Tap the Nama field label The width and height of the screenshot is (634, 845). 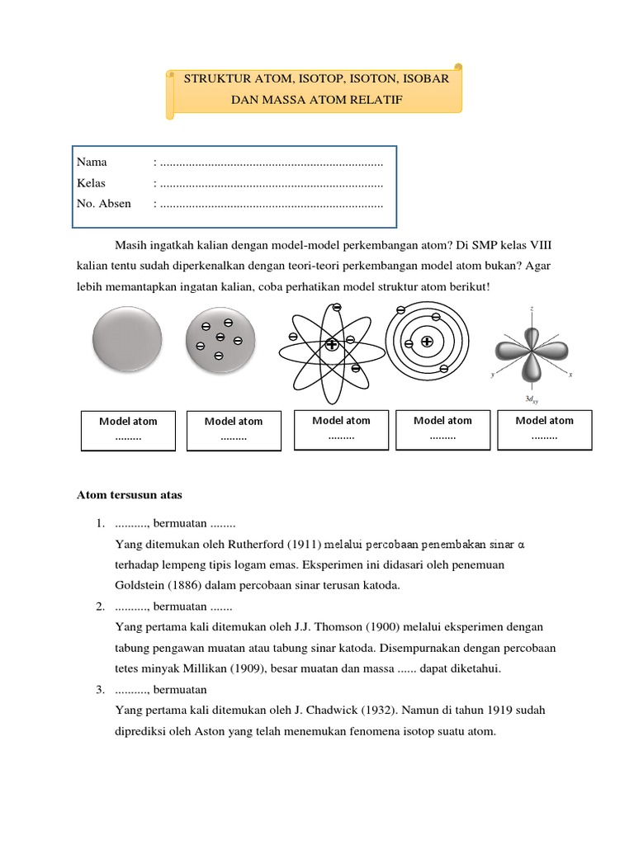click(x=92, y=162)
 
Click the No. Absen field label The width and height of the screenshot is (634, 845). click(x=103, y=203)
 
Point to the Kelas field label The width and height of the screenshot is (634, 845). click(x=91, y=182)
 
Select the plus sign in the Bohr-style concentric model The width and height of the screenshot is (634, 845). click(x=427, y=342)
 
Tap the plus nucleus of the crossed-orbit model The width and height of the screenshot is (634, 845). click(x=331, y=344)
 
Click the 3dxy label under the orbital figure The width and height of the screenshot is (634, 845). click(x=531, y=400)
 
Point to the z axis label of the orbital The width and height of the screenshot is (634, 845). click(x=532, y=309)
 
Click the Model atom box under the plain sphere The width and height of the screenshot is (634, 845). click(x=128, y=430)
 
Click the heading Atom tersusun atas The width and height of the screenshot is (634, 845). click(x=129, y=495)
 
